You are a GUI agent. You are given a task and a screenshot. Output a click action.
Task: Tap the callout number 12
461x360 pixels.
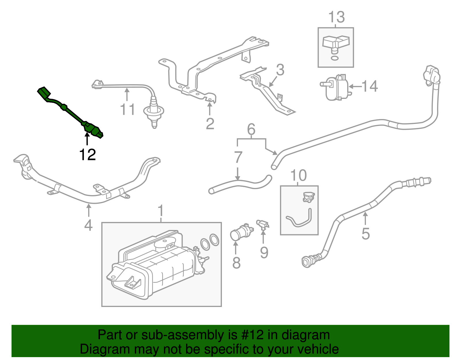pos(87,155)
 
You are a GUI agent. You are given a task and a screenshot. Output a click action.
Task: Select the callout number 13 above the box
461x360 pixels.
pos(336,17)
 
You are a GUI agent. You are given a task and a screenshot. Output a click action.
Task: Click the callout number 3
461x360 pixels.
pos(280,70)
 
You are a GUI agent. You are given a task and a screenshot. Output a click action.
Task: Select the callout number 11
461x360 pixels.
pos(127,110)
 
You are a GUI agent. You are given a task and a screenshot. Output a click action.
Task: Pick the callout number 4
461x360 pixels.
pos(88,225)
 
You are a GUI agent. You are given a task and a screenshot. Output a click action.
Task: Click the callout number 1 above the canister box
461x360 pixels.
pos(161,211)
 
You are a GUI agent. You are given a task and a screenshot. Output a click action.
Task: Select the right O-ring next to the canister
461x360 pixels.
pos(214,240)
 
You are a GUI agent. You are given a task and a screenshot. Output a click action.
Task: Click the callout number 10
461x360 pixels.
pos(298,176)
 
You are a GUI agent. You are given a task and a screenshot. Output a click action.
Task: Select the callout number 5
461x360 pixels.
pos(365,233)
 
